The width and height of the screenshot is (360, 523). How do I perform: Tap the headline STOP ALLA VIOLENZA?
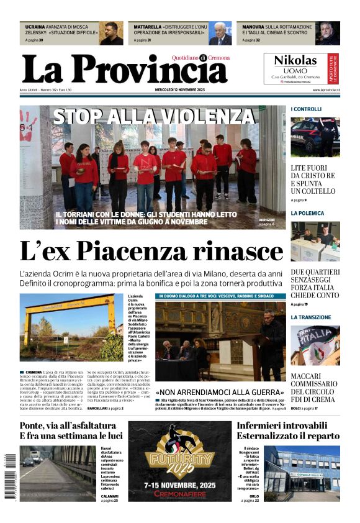coord(155,116)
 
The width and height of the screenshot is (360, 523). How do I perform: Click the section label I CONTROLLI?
coord(307,109)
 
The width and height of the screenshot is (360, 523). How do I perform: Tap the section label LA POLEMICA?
coord(307,213)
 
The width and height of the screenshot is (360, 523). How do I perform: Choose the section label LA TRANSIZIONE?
coord(311,317)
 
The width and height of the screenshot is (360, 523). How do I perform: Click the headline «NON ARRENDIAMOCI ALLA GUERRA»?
coord(219,393)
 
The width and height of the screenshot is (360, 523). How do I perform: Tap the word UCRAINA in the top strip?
coord(35,27)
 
